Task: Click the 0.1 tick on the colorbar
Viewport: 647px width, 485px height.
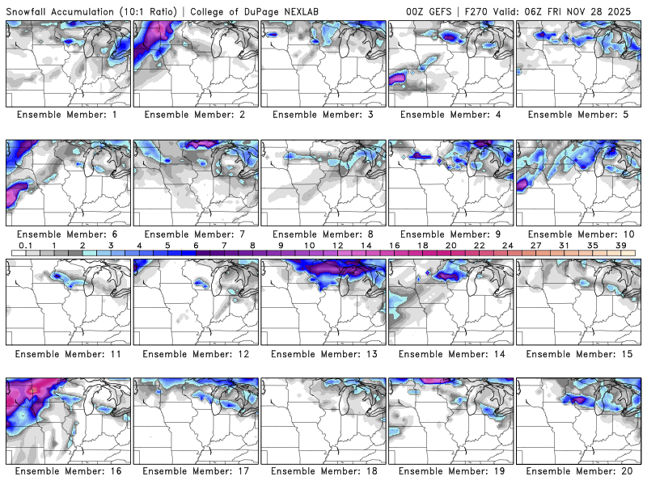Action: [x=25, y=245]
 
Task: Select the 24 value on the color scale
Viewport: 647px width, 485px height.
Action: [x=507, y=245]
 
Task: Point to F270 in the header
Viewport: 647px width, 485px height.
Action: [x=472, y=11]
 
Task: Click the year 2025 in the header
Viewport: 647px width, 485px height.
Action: [x=625, y=11]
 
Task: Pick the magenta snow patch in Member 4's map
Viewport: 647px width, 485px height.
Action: [x=398, y=78]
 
